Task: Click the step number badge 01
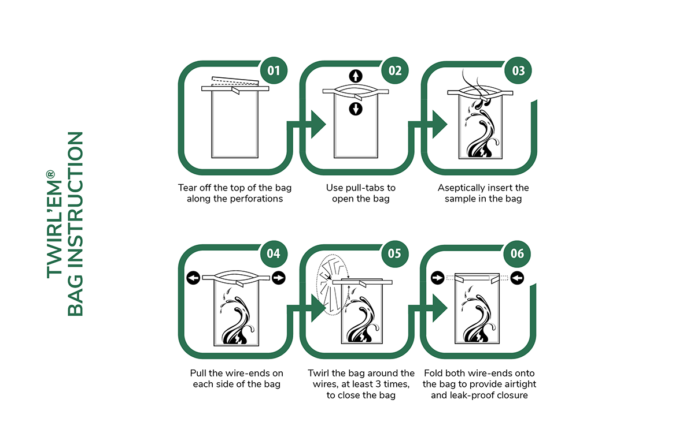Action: (274, 70)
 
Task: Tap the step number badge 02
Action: (394, 70)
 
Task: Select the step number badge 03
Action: (518, 70)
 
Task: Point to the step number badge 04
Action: (274, 254)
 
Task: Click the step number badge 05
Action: (394, 254)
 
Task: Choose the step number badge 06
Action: (517, 254)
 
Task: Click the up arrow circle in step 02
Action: (356, 76)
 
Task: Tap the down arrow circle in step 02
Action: (356, 109)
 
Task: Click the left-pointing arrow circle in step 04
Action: (193, 278)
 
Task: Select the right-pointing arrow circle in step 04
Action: (279, 278)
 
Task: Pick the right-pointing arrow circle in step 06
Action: (437, 278)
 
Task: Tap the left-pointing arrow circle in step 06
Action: (517, 278)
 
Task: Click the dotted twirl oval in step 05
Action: (333, 285)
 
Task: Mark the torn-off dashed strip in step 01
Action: (235, 81)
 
